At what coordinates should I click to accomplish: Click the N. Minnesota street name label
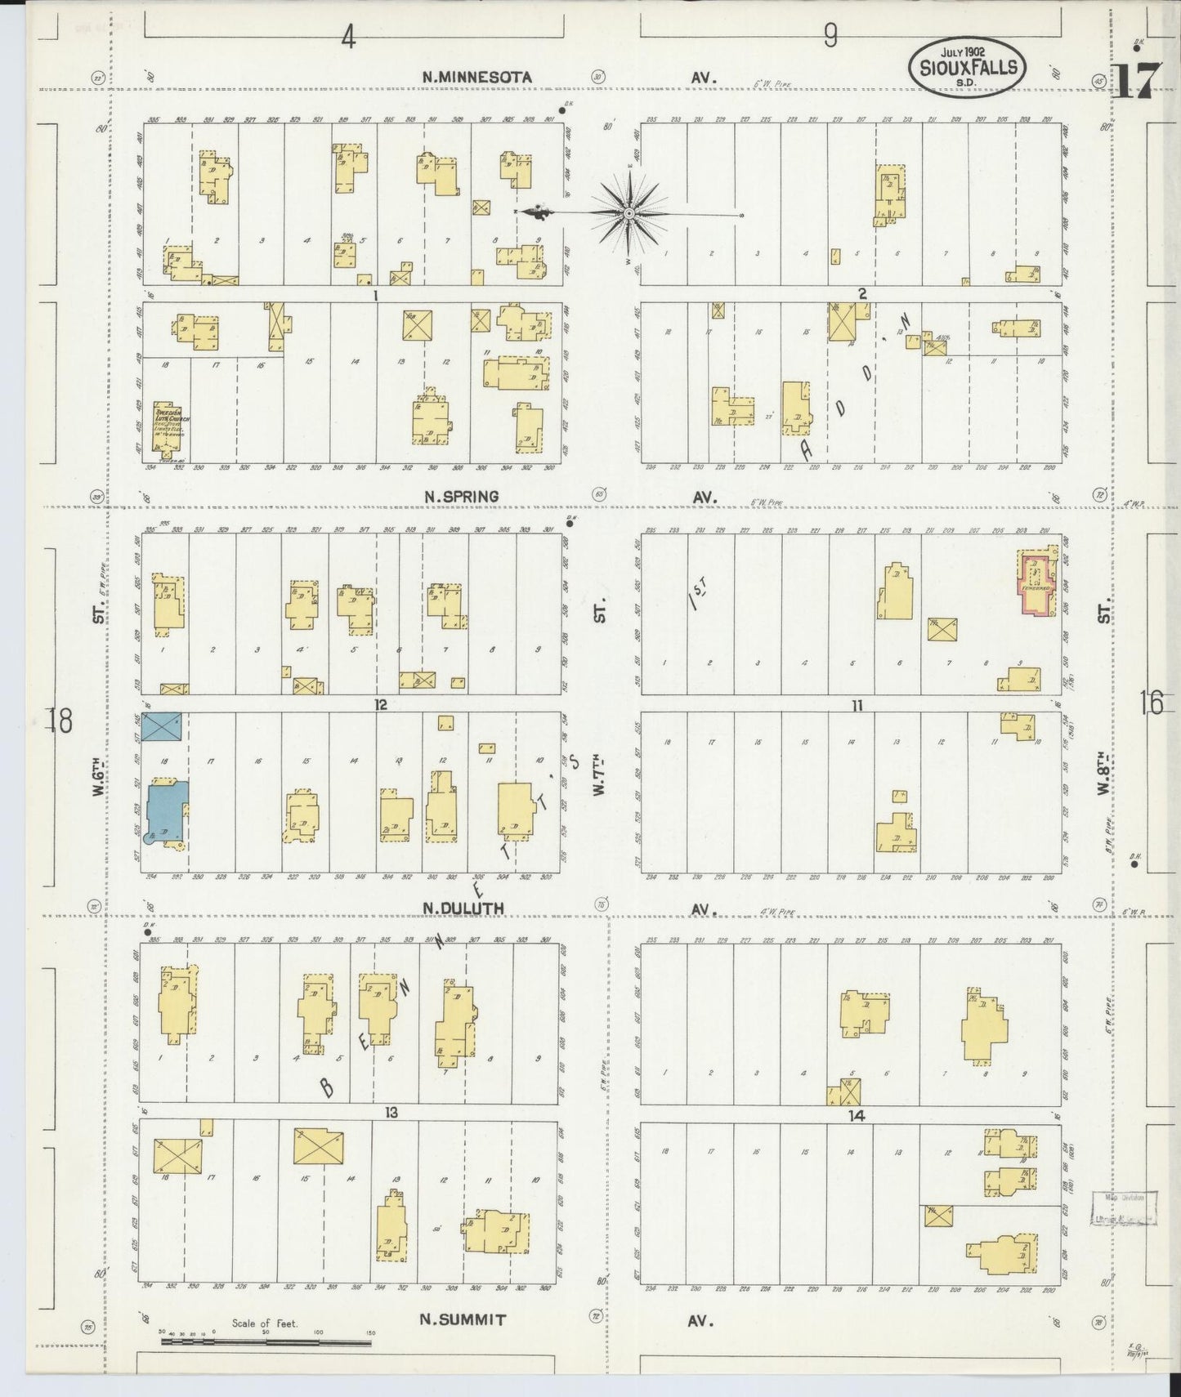[x=476, y=77]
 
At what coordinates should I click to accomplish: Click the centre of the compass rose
[x=629, y=214]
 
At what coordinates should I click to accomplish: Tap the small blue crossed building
[x=162, y=726]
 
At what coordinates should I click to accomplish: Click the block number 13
[x=391, y=1113]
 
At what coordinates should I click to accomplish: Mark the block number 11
[x=856, y=705]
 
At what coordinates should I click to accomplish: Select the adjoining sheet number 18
[x=60, y=721]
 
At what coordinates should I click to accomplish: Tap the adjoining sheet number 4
[x=349, y=37]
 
